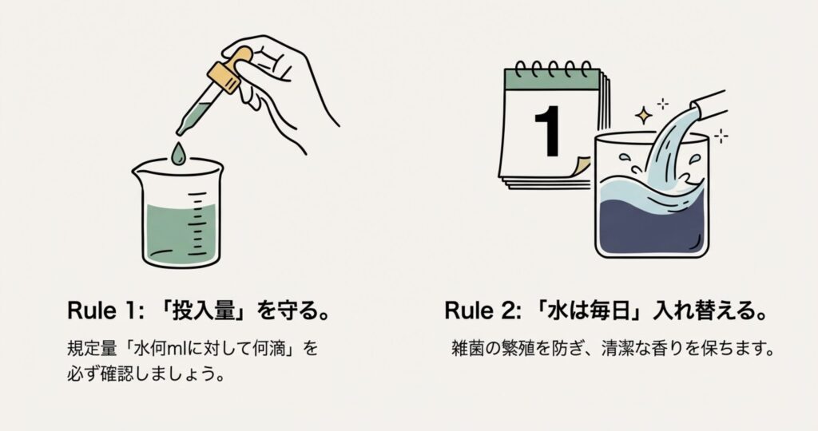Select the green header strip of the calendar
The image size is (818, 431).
(552, 80)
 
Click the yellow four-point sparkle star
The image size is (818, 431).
(644, 116)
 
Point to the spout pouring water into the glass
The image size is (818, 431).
(709, 106)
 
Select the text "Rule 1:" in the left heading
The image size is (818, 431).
(105, 311)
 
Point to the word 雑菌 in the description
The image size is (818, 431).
(467, 348)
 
